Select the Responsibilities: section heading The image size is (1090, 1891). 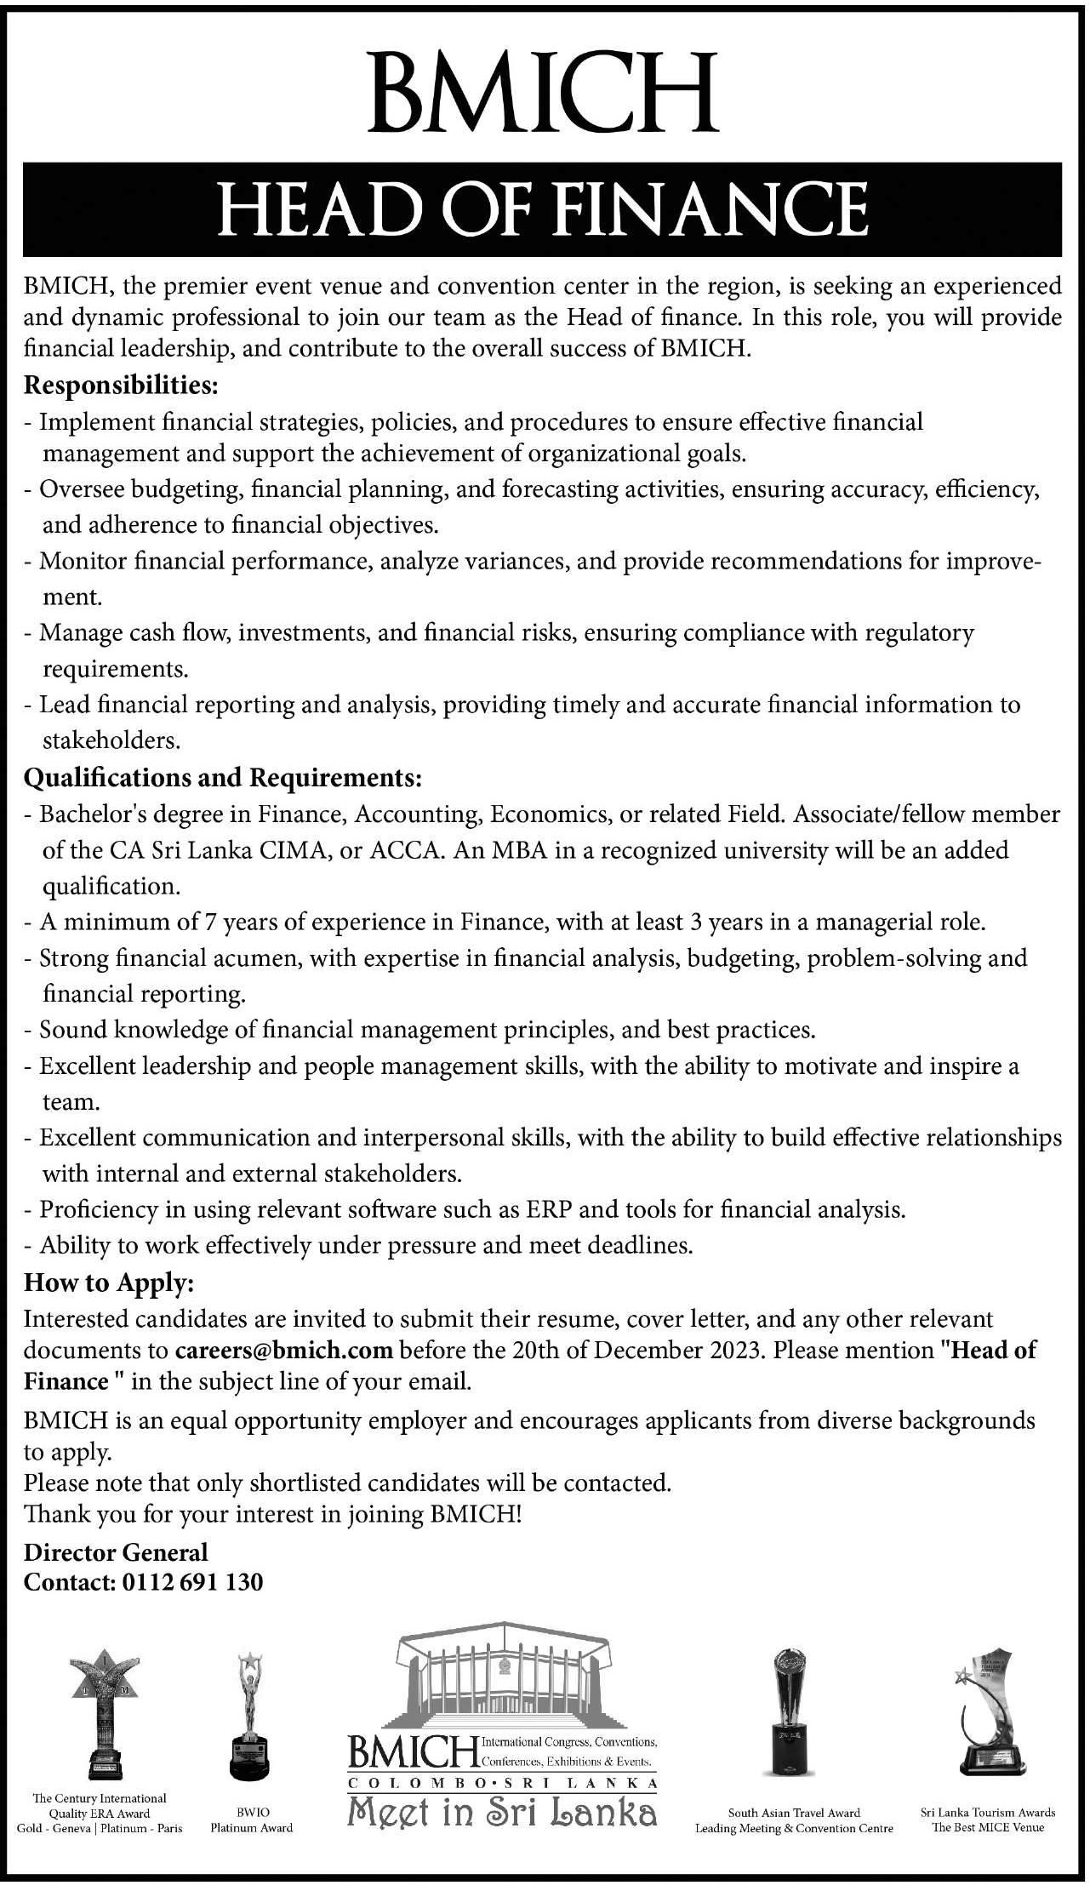[122, 386]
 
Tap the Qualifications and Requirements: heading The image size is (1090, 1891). [223, 777]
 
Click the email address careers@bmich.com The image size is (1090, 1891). [284, 1351]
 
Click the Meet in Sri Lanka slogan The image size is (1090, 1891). [502, 1810]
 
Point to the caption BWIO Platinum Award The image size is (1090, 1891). [252, 1820]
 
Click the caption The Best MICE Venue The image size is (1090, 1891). [988, 1826]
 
